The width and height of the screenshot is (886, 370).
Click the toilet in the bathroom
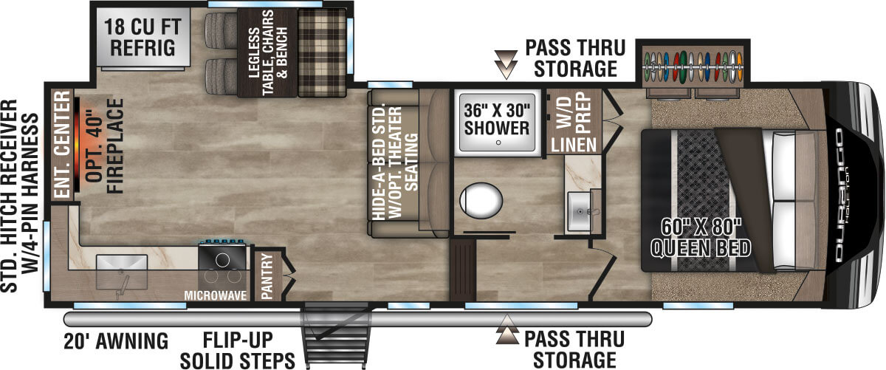481,200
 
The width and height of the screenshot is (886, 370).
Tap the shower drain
498,143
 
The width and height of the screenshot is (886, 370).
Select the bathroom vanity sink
580,211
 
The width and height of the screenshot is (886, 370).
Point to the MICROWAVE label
216,295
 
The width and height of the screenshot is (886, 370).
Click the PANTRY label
267,275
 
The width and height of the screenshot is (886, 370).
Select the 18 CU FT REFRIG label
142,37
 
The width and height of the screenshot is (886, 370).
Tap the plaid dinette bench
322,52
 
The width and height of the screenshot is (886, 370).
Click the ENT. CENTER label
62,144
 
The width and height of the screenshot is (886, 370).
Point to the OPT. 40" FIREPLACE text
104,146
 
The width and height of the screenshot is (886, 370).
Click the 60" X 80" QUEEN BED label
701,237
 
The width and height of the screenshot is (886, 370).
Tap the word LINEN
574,145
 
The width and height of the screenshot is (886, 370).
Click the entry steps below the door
334,336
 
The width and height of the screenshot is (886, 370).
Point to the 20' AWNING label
116,340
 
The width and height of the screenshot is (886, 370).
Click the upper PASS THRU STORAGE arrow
506,64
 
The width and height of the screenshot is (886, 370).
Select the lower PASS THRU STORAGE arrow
507,329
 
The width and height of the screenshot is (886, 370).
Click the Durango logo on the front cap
839,195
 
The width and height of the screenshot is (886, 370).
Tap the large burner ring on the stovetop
222,260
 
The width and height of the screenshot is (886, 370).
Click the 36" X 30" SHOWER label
497,119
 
